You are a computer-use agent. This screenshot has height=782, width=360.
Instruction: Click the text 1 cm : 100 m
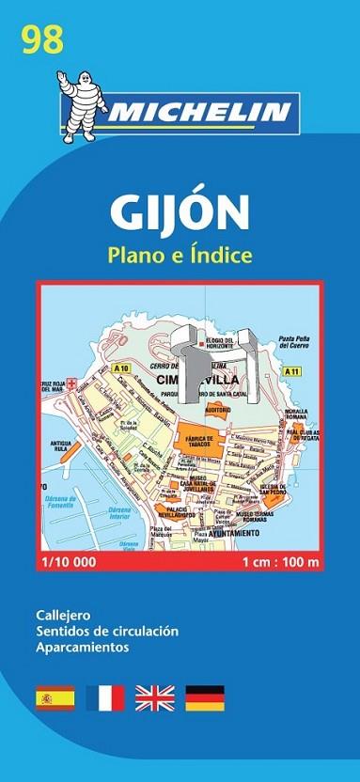pyautogui.click(x=279, y=562)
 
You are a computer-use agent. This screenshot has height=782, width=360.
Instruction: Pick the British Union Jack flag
pyautogui.click(x=154, y=697)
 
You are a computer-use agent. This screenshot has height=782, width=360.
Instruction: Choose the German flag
pyautogui.click(x=204, y=697)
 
